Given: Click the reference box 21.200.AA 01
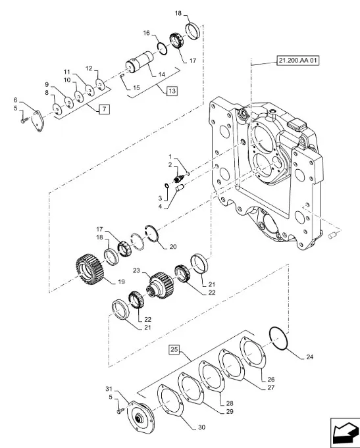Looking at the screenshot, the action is [x=297, y=61].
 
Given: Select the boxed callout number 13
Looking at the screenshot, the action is [x=172, y=91].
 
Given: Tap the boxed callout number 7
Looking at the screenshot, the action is [x=104, y=109].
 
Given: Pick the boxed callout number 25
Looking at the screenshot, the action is [x=174, y=349].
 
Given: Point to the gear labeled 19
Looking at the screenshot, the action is [x=90, y=270].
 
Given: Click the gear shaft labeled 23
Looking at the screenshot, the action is [x=161, y=285].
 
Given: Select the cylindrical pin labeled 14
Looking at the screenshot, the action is [x=140, y=62].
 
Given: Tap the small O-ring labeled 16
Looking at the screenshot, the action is [x=162, y=48].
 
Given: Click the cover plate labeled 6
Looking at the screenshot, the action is [x=38, y=121].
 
